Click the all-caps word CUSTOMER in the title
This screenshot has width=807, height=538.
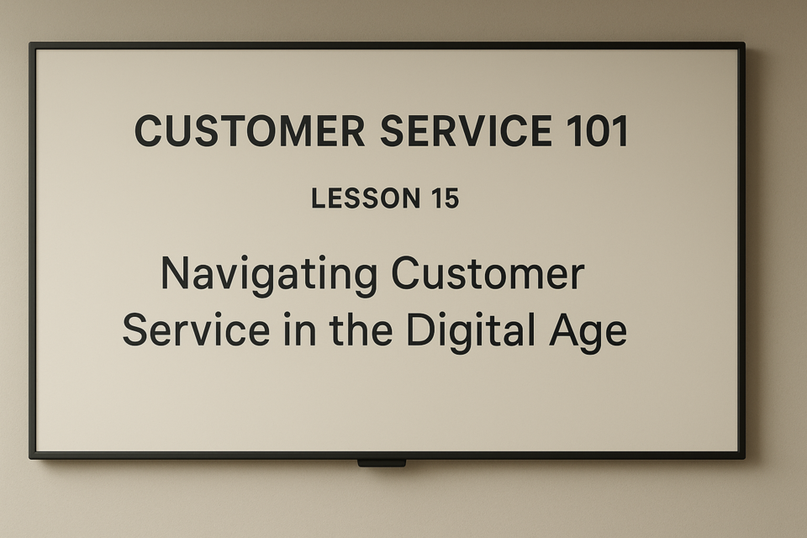250,131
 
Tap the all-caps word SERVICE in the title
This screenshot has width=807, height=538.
467,131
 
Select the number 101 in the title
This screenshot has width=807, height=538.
598,131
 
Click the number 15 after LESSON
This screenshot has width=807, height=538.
446,198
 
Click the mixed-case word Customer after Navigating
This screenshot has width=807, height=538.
488,273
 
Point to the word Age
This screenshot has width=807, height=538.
588,333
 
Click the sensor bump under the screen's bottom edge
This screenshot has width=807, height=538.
382,463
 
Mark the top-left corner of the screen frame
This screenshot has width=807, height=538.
30,43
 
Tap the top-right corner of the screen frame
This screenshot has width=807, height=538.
744,43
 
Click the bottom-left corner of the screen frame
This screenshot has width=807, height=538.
30,457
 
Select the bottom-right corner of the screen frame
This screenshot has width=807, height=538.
744,457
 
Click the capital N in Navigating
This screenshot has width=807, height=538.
175,273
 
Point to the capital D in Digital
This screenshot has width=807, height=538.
420,330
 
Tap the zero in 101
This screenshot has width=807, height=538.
598,131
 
